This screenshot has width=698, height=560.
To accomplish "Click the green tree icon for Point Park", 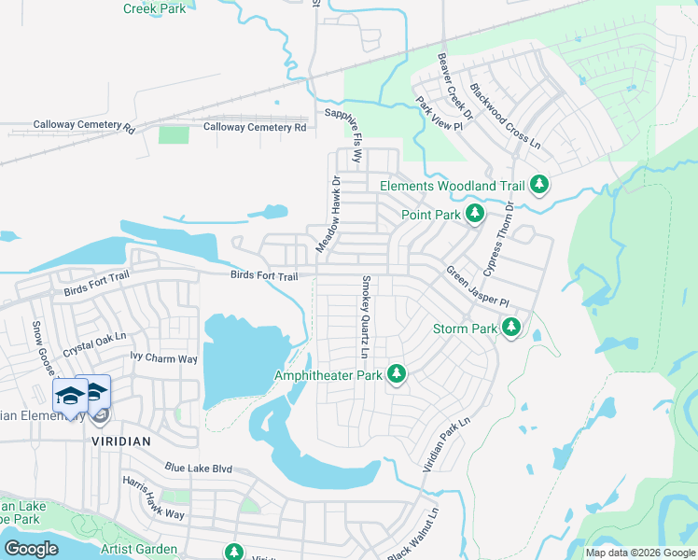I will pos(474,215).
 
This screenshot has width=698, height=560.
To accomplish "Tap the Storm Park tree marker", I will pos(510,328).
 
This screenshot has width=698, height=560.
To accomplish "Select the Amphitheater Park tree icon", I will pos(397,374).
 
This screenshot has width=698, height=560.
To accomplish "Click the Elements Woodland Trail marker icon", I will pos(538,185).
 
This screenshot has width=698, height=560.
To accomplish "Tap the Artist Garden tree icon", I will pos(233,552).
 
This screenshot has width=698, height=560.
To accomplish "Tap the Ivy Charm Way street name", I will pos(163,358).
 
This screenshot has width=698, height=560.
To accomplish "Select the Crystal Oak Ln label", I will pos(93,348).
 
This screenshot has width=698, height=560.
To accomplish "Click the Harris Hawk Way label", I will pos(153,499).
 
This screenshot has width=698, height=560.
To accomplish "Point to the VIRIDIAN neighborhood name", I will pos(121,438).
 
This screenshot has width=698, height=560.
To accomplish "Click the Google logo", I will pos(31,548).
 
